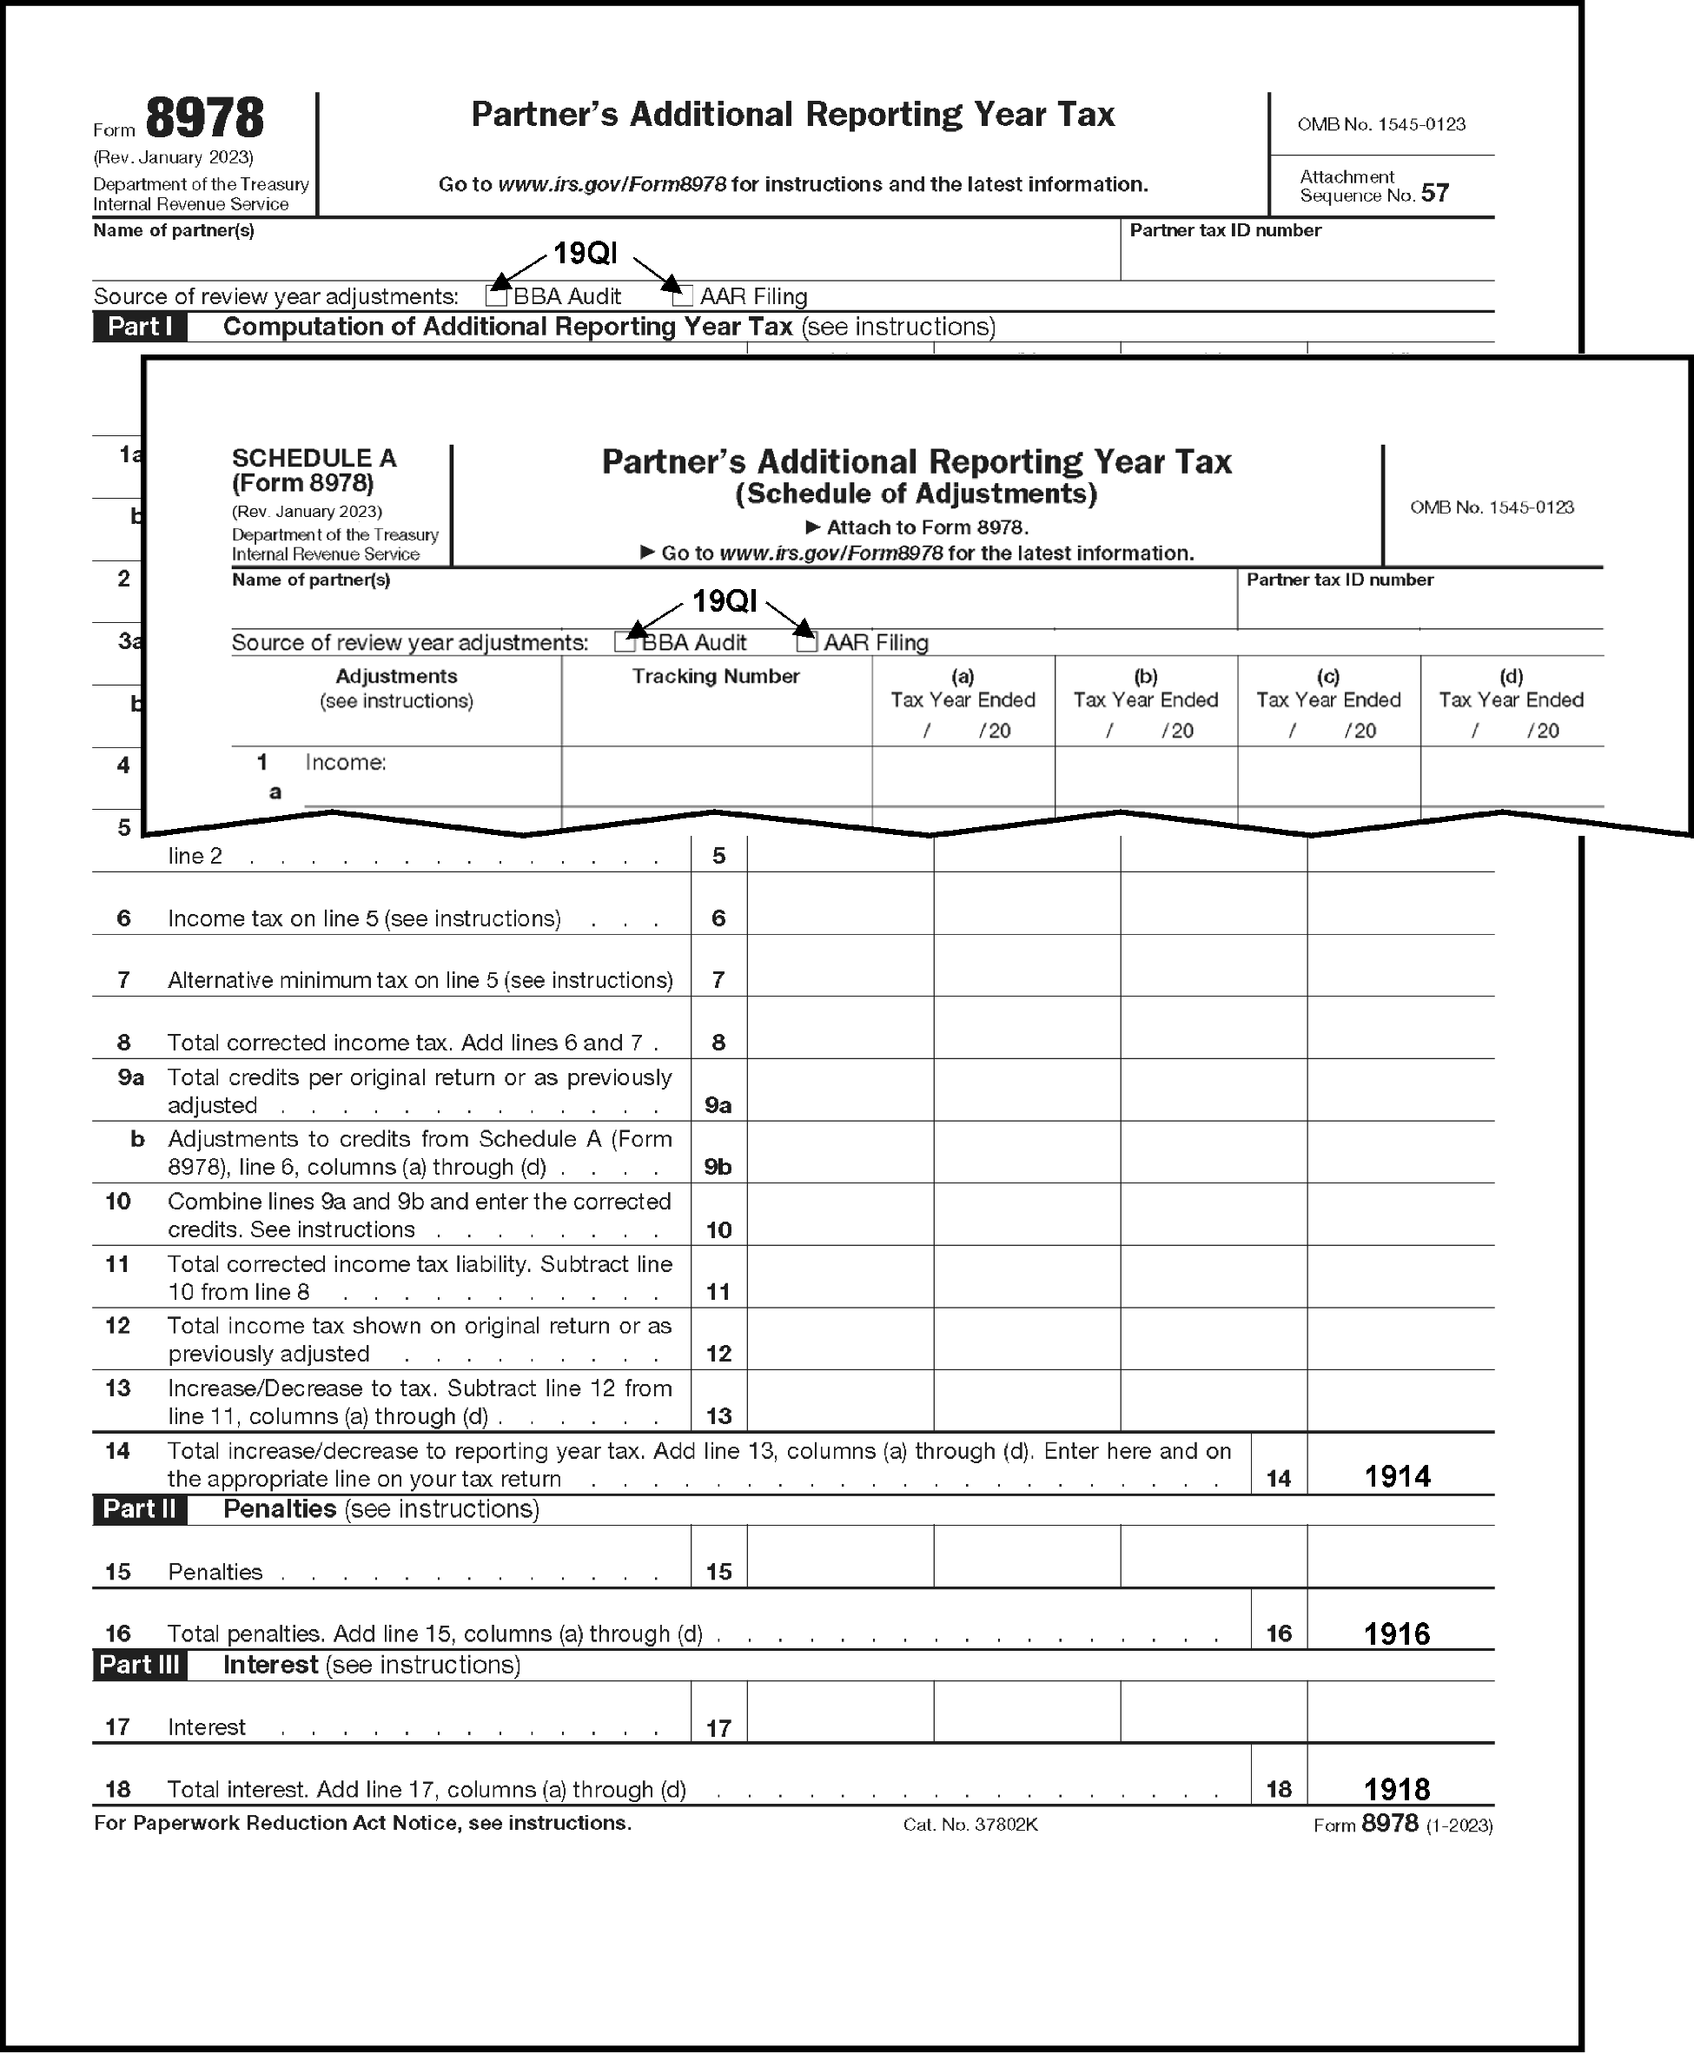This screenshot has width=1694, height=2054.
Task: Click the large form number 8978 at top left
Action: tap(205, 119)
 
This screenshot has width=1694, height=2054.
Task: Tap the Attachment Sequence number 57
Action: tap(1434, 193)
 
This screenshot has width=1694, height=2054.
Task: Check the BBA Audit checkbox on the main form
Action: tap(496, 295)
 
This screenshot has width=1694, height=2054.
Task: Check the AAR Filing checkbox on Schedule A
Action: tap(806, 642)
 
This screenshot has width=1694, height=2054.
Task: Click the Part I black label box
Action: tap(140, 327)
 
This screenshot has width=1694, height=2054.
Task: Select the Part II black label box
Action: tap(140, 1508)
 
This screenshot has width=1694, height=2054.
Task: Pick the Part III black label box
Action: tap(141, 1665)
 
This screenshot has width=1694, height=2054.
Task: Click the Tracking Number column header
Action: tap(715, 676)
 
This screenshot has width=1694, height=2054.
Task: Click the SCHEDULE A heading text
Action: tap(314, 458)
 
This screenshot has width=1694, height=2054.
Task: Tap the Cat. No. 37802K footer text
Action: tap(970, 1825)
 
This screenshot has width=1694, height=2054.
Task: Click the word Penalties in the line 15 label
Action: tap(215, 1572)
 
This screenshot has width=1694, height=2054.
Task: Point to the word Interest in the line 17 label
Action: tap(207, 1727)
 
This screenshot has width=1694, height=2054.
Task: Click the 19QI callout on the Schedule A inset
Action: tap(724, 601)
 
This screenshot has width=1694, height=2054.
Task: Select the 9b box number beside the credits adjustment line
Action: tap(718, 1167)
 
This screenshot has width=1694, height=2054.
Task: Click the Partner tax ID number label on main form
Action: tap(1225, 230)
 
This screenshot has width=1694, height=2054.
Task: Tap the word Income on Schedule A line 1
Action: tap(346, 762)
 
